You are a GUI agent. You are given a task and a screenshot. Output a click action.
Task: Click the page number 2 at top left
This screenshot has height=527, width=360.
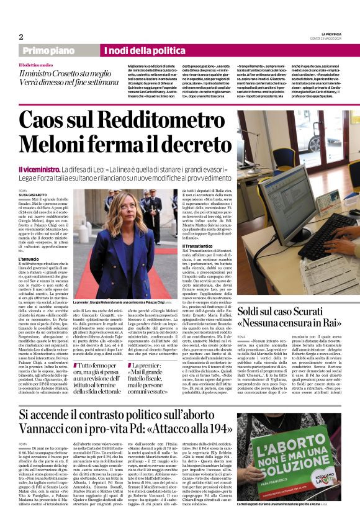tap(20, 37)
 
